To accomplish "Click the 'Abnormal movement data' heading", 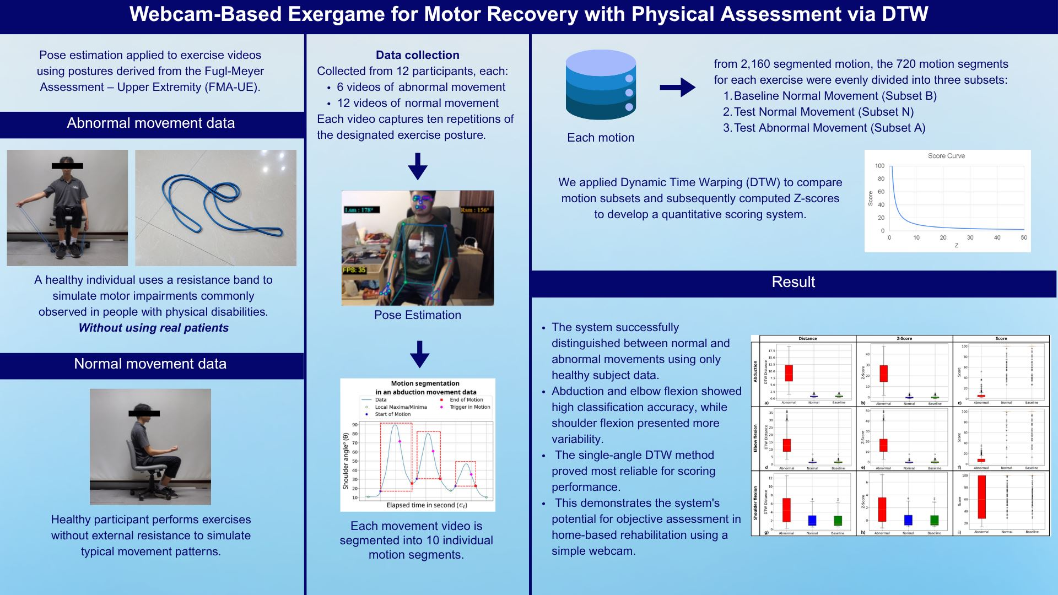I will click(x=150, y=123).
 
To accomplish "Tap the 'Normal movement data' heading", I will click(x=150, y=364).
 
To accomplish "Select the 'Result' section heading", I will click(x=793, y=282).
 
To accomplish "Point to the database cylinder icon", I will click(x=601, y=85).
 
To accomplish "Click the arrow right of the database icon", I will click(x=677, y=87).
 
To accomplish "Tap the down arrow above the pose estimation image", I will click(x=418, y=166).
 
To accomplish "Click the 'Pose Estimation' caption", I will click(x=417, y=315).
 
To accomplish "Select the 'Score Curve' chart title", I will click(x=946, y=156).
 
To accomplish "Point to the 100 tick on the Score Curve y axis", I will click(x=879, y=166).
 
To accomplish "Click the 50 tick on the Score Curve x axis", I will click(x=1024, y=238).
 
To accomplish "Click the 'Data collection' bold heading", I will click(x=417, y=55).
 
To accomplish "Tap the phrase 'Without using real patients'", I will click(x=153, y=328).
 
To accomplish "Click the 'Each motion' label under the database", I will click(x=601, y=138).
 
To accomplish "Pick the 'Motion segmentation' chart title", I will click(x=425, y=383).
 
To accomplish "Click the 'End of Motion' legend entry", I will click(x=466, y=400).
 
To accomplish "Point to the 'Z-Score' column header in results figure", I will click(x=904, y=339).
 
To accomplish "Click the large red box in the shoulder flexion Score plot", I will click(x=981, y=497).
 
